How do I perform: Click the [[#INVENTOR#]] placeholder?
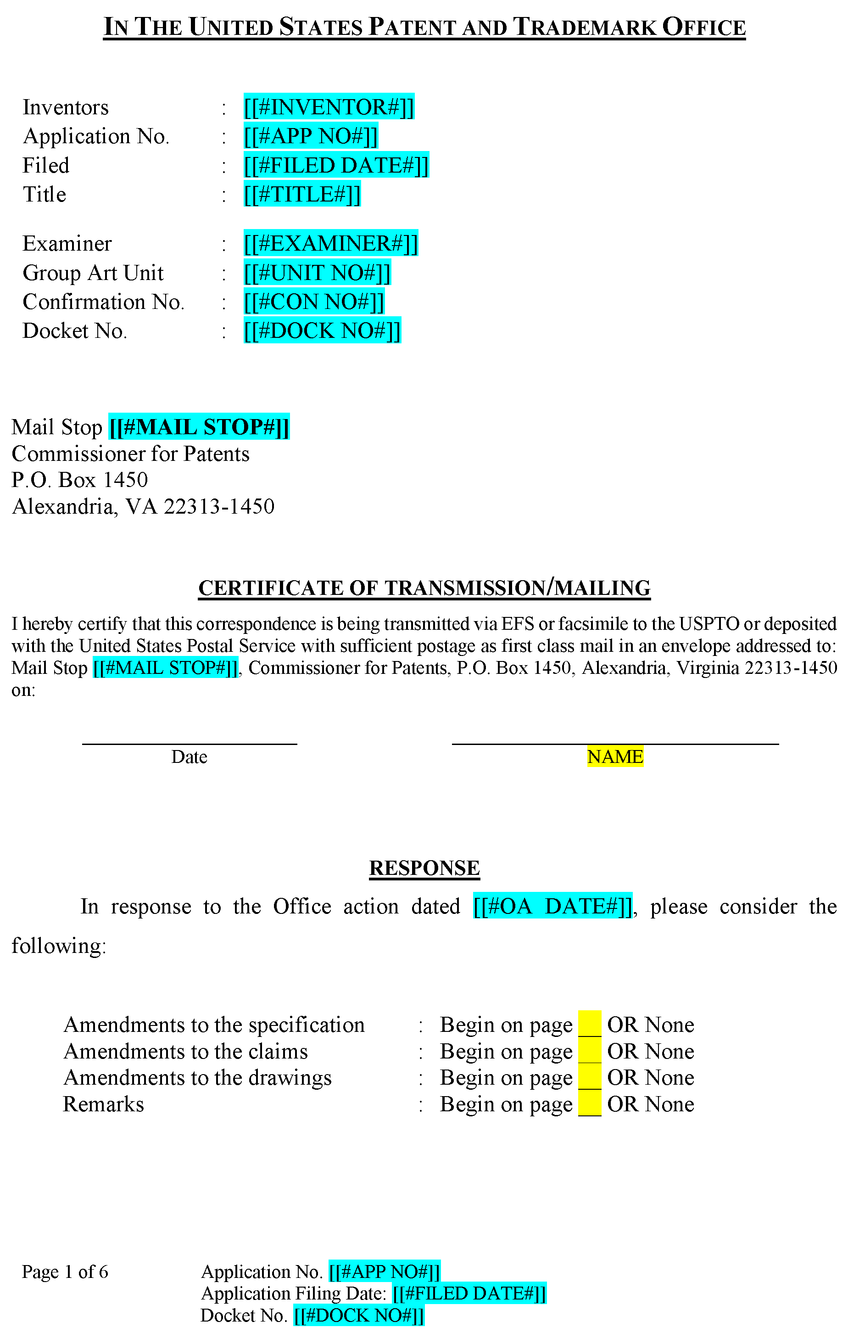(x=329, y=107)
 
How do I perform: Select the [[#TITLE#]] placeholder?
(x=302, y=194)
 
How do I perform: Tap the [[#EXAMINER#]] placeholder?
(x=330, y=244)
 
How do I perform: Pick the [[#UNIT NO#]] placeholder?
(x=317, y=273)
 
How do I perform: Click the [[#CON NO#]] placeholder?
(x=314, y=302)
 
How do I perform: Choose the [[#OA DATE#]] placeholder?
(x=552, y=906)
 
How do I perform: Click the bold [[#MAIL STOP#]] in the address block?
(x=199, y=427)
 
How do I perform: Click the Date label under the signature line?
(x=190, y=757)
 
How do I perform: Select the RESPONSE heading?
(x=424, y=868)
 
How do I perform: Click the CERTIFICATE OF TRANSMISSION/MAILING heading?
(x=424, y=588)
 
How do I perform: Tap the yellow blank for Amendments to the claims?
(x=590, y=1051)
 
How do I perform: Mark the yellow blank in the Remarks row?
(x=590, y=1104)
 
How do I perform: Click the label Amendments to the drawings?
(x=198, y=1077)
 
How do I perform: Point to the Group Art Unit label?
(x=93, y=273)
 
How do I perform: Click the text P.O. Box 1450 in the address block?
(x=80, y=480)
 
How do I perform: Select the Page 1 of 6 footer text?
(x=65, y=1271)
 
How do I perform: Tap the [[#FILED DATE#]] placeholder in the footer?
(x=469, y=1293)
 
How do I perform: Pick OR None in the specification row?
(x=650, y=1025)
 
